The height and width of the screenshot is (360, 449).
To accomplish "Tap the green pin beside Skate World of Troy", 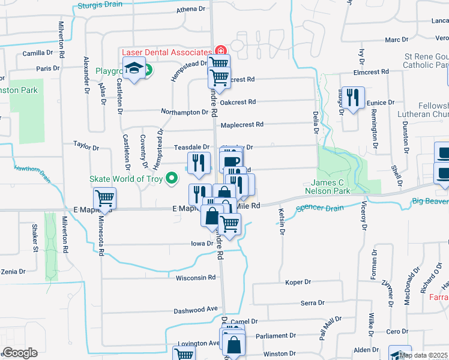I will [x=172, y=178].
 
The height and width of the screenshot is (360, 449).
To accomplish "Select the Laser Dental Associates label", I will [x=166, y=52].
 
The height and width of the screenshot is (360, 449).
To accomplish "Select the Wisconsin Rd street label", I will [x=195, y=278].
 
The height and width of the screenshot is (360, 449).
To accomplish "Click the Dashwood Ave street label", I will [x=196, y=309].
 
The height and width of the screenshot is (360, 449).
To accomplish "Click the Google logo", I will [x=20, y=353].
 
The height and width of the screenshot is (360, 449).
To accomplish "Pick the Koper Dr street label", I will [x=298, y=282].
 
